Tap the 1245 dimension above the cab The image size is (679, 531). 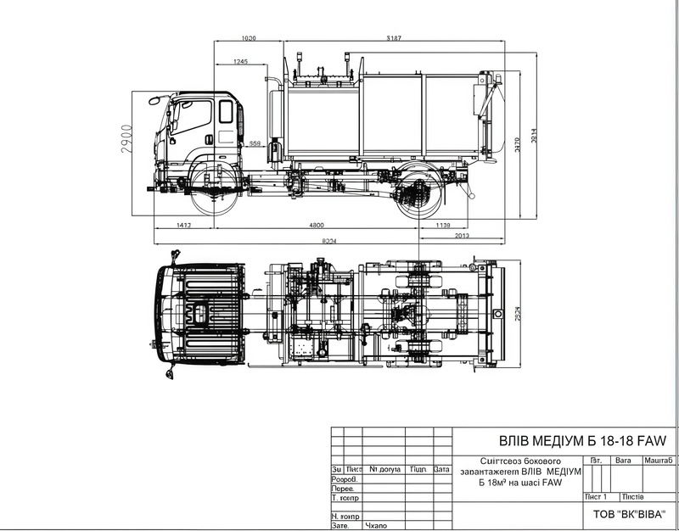[238, 62]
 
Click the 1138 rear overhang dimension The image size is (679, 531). [441, 225]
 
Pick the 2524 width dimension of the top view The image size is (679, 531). [519, 311]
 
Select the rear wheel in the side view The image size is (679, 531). [418, 193]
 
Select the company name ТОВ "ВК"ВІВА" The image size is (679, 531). [627, 513]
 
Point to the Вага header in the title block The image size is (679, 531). [624, 459]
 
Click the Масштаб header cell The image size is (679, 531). [659, 459]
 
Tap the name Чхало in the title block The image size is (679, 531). [375, 526]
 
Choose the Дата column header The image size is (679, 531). [441, 468]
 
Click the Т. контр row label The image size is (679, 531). [344, 497]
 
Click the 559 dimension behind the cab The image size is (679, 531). [254, 143]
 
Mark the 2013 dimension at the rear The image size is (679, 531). [462, 235]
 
